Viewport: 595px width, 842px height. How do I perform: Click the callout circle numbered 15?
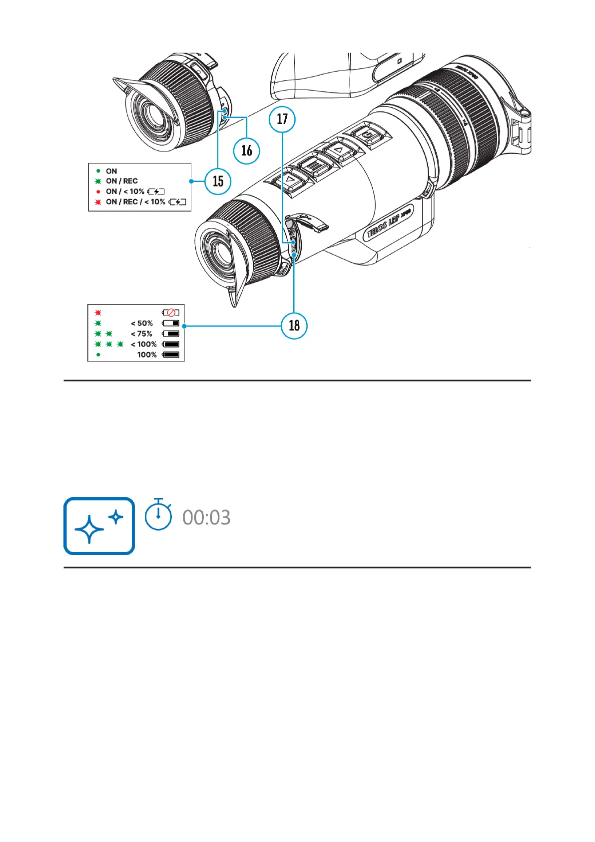click(218, 181)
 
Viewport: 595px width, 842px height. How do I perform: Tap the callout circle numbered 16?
click(247, 150)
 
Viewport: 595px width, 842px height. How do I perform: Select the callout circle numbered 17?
click(282, 119)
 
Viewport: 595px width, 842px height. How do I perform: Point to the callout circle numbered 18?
click(294, 325)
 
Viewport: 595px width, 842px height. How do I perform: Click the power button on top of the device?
click(368, 135)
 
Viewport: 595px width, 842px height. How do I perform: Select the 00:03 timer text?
click(206, 517)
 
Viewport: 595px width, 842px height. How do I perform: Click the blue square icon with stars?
click(99, 525)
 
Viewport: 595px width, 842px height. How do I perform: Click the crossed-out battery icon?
click(170, 313)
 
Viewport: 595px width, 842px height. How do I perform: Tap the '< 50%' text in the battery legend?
click(142, 323)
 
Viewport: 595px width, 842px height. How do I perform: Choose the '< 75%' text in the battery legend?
click(142, 334)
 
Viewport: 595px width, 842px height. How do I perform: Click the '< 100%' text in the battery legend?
click(144, 344)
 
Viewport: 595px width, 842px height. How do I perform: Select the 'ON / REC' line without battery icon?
click(121, 181)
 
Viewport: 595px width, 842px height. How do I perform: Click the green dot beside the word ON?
click(98, 171)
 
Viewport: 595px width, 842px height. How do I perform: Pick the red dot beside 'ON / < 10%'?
click(98, 191)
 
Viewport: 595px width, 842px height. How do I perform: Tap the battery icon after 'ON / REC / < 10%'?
click(177, 202)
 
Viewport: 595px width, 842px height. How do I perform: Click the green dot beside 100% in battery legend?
click(98, 355)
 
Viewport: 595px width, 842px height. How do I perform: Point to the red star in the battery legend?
click(98, 313)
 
